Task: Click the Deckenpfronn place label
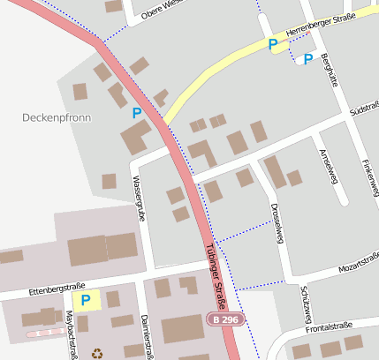(56, 116)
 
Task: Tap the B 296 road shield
(224, 319)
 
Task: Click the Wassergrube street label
(138, 196)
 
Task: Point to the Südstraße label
(363, 113)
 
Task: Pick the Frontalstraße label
(329, 328)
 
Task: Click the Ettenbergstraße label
(56, 288)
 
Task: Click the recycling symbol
(97, 353)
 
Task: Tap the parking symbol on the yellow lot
(85, 301)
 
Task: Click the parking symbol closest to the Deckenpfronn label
(136, 113)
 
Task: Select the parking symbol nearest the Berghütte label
(307, 59)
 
